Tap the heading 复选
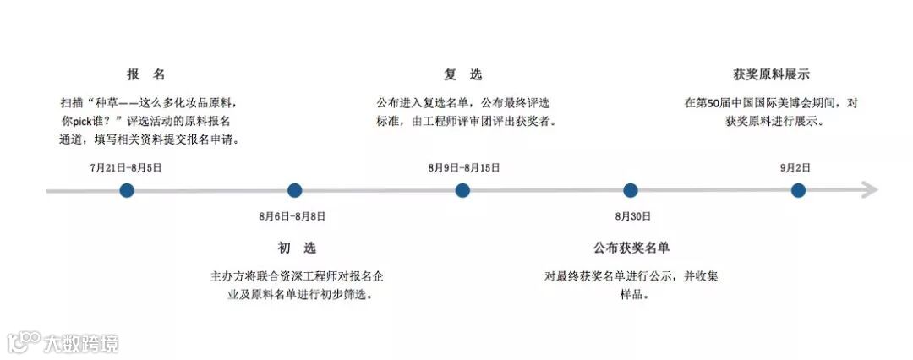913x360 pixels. click(463, 74)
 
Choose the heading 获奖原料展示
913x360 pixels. click(771, 74)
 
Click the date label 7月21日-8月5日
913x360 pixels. click(126, 167)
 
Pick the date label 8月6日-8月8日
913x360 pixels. click(292, 216)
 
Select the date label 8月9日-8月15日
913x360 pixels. click(464, 167)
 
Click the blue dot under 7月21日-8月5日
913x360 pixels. click(127, 191)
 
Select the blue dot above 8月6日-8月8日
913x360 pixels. click(294, 191)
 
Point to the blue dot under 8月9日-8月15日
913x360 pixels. click(462, 191)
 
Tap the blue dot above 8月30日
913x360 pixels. click(630, 191)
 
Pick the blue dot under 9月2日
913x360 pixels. click(798, 191)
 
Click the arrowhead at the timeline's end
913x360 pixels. click(870, 191)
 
